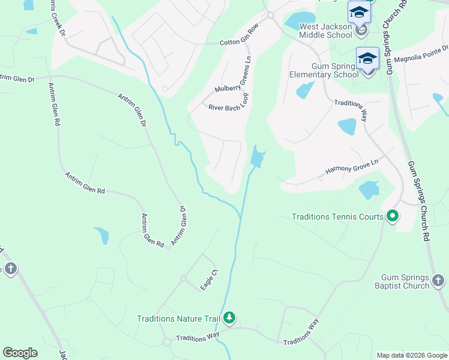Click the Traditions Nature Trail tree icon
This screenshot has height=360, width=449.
(x=229, y=318)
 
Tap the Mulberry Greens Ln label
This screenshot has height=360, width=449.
(x=232, y=81)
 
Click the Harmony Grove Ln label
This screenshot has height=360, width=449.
(x=352, y=166)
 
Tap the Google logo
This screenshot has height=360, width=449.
(x=20, y=353)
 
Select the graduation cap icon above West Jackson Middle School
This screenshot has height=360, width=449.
(x=359, y=12)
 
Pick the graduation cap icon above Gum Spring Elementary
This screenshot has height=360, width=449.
(x=367, y=58)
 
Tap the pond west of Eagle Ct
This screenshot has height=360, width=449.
(x=101, y=235)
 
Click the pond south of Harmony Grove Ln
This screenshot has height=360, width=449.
(x=369, y=190)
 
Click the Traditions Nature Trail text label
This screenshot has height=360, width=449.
(x=179, y=319)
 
